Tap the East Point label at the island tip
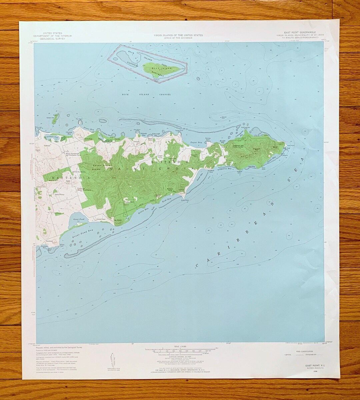coord(291,145)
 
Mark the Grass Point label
coord(185,200)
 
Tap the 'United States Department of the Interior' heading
coord(52,36)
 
